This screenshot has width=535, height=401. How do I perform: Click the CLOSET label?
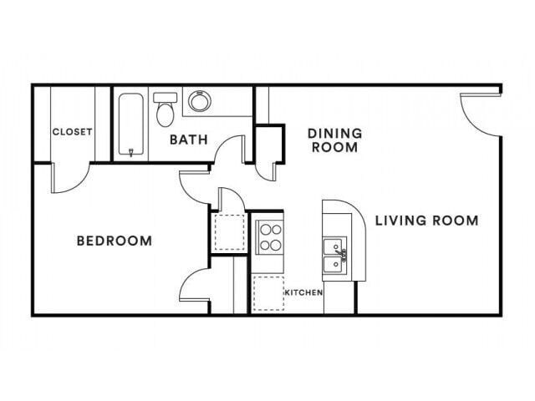coord(72,131)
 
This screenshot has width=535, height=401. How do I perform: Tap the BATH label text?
coord(189,140)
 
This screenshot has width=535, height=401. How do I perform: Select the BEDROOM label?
coord(115,241)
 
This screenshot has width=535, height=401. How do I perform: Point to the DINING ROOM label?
coord(334,140)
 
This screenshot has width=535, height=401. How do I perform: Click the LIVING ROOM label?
coord(426,221)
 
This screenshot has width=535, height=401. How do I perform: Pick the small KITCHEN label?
coord(303,293)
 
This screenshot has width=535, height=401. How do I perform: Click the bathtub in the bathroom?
coord(132,124)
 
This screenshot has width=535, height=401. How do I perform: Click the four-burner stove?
coord(268,236)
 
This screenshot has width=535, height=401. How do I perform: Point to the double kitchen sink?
coord(334,256)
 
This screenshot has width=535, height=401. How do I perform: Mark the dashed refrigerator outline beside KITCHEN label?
coord(267,292)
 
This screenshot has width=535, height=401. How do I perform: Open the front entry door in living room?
coord(479,114)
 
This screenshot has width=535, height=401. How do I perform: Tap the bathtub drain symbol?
coord(131,151)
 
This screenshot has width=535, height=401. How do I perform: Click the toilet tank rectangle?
coord(165,97)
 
